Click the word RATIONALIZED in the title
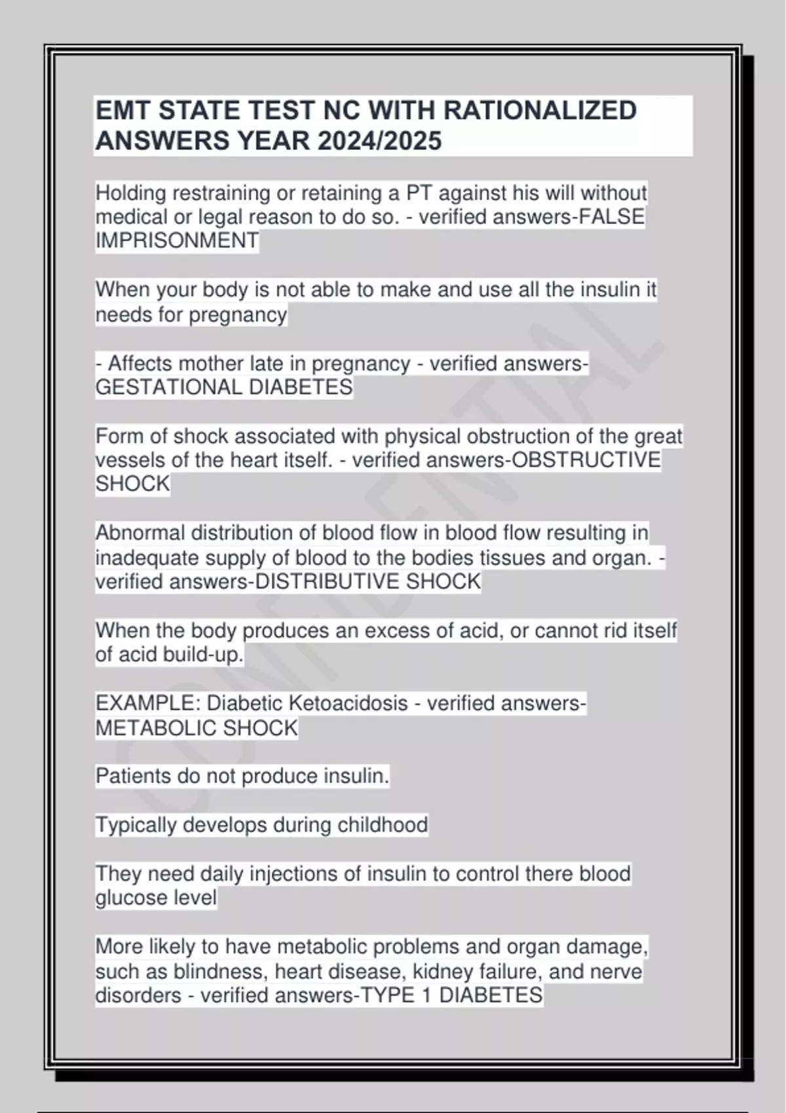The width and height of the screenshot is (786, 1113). click(540, 111)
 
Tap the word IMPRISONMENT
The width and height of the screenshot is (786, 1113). click(177, 241)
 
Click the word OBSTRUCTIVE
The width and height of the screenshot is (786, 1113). click(586, 460)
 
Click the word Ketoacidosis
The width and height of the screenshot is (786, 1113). click(348, 704)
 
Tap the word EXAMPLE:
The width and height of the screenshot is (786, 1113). click(148, 704)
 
